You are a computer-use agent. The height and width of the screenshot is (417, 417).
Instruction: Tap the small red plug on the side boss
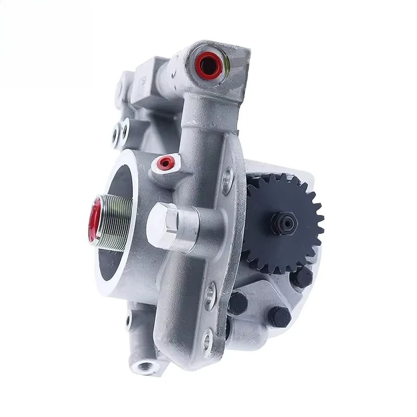coord(166,163)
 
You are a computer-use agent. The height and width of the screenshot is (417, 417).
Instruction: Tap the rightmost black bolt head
coord(301,277)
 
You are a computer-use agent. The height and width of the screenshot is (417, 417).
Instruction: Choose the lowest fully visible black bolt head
coord(279,316)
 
